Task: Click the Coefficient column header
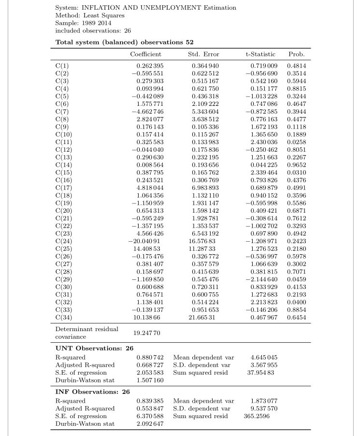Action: coord(145,55)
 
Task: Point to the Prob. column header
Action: coord(296,55)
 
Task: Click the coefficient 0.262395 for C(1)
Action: coord(150,65)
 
